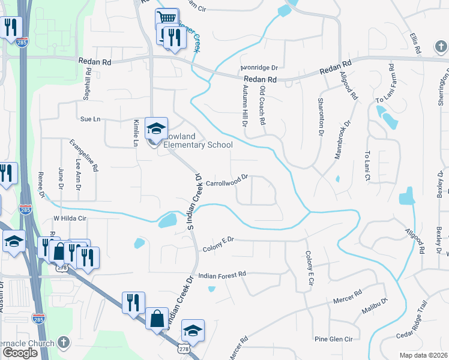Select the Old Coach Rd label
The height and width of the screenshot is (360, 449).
[x=262, y=104]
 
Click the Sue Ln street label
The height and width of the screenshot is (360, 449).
[x=90, y=119]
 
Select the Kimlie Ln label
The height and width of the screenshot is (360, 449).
[x=135, y=131]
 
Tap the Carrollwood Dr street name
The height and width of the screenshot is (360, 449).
[x=227, y=179]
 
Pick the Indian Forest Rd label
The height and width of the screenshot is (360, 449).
[x=222, y=274]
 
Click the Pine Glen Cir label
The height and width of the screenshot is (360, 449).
[x=333, y=340]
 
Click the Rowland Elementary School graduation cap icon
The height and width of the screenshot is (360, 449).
[x=155, y=128]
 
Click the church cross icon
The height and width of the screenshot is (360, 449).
[x=64, y=343]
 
